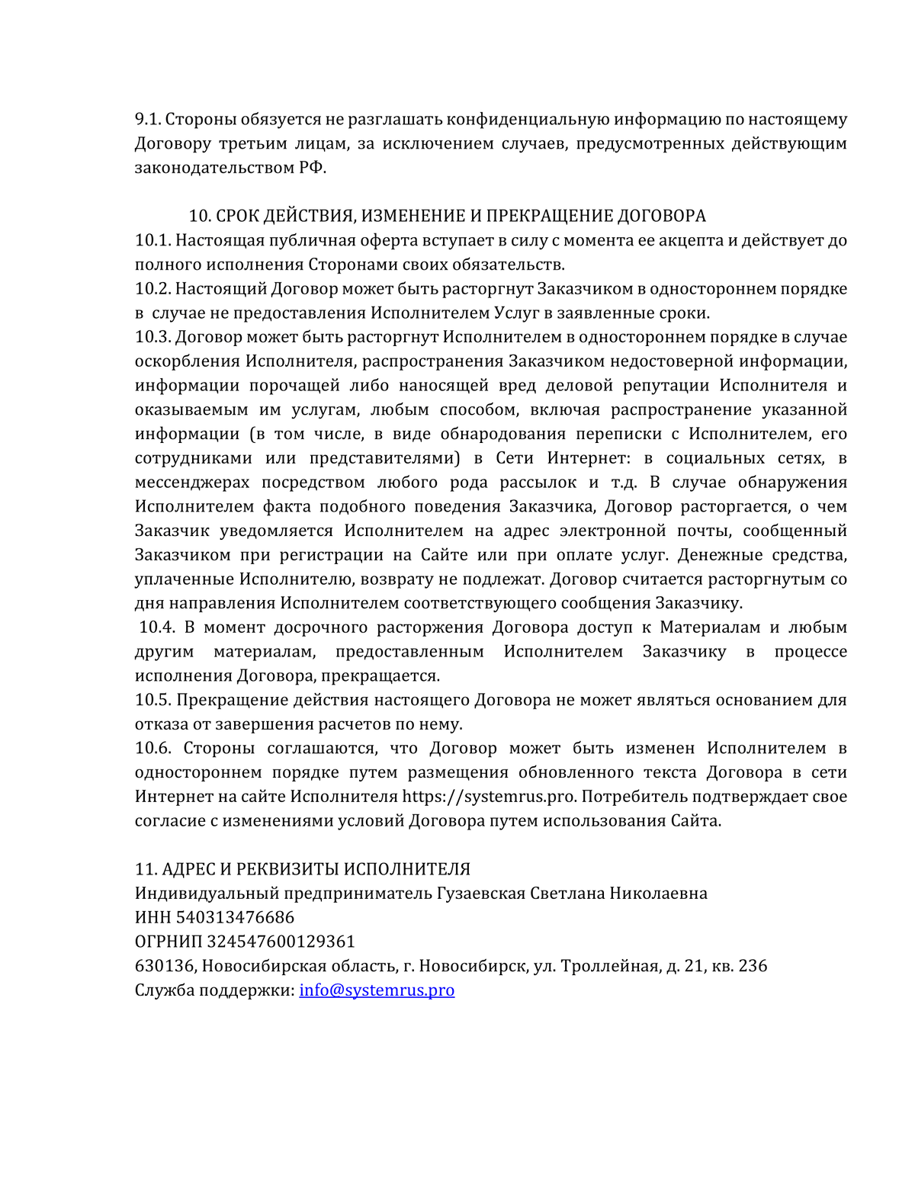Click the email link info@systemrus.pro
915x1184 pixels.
377,990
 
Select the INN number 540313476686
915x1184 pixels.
235,917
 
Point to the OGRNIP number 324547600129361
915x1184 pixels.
281,942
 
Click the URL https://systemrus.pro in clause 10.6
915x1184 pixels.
488,797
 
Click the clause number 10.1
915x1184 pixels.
152,241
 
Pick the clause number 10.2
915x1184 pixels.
152,289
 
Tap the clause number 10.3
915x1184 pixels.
152,337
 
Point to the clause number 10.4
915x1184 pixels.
157,627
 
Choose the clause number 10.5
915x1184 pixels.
152,700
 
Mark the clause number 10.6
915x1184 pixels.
153,749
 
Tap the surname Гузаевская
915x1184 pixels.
480,894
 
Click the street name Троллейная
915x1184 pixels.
610,966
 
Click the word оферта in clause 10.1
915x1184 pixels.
403,241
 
